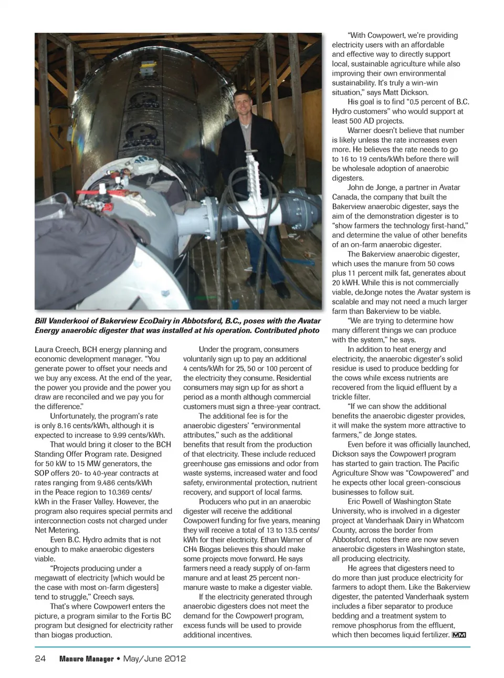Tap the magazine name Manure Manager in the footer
[x=86, y=659]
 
